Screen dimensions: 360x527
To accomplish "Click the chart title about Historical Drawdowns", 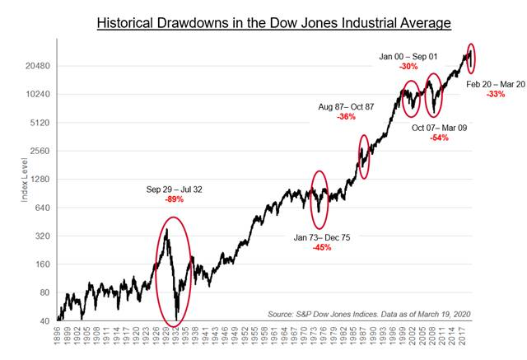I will pos(273,23).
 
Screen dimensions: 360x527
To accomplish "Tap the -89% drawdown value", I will pos(174,199).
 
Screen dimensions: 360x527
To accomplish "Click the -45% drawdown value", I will pos(322,247).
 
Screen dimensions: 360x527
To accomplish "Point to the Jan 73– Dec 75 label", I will pos(322,236).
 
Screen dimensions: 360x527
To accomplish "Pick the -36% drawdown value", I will pos(346,117).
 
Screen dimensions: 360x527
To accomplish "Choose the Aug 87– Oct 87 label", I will pos(347,106).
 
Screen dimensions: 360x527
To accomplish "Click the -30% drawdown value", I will pos(410,67).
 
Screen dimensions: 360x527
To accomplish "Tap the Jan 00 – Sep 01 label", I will pos(410,56).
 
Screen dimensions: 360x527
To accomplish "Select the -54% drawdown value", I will pos(439,138).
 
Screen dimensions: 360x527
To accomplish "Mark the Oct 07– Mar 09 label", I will pos(440,128).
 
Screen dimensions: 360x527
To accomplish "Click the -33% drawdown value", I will pos(496,94).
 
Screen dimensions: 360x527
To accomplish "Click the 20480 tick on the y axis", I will pos(39,66).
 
